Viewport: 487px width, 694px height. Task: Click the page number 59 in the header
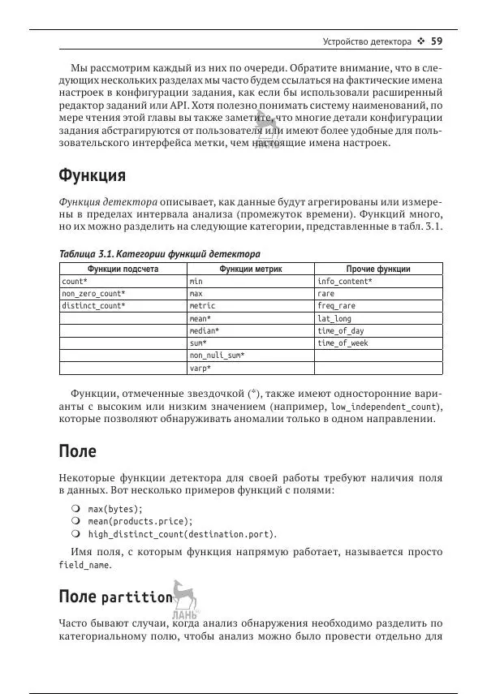pos(436,41)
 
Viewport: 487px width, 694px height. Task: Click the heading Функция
pos(92,176)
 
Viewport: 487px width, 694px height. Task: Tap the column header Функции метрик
pos(250,269)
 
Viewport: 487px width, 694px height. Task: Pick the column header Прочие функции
pos(377,269)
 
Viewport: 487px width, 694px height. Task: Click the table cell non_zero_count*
pos(93,294)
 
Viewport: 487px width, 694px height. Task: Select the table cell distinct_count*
pos(93,306)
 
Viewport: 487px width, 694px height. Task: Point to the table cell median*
pos(205,331)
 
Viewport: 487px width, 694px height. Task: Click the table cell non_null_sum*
pos(217,356)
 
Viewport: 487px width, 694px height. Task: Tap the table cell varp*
pos(200,369)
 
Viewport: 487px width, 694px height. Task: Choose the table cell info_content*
pos(345,282)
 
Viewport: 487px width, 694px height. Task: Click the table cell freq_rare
pos(336,306)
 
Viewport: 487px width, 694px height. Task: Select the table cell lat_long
pos(334,319)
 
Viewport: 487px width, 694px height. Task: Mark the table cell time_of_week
pos(343,343)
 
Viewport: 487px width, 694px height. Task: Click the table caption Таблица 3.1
pos(159,253)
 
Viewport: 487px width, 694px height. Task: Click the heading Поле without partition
pos(78,451)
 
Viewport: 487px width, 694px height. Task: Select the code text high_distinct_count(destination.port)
pos(182,534)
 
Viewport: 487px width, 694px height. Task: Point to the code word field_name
pos(84,566)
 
